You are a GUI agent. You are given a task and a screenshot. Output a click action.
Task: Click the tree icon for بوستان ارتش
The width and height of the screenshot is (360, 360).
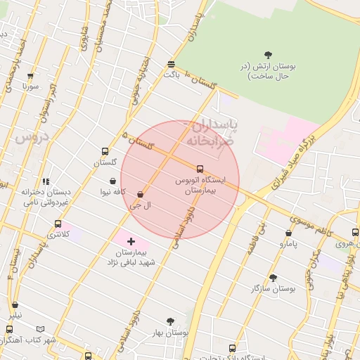click(268, 54)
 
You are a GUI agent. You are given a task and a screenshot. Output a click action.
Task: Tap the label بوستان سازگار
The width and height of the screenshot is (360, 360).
click(274, 288)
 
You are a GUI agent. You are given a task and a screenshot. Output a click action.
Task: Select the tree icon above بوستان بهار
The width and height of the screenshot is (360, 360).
click(169, 321)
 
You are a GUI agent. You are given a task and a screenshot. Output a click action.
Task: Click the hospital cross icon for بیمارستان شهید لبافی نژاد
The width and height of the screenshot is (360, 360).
click(131, 241)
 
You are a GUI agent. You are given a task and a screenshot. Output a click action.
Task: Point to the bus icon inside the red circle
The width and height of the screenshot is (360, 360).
click(200, 169)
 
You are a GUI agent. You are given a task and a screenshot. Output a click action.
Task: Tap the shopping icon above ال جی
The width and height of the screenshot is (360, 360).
click(141, 194)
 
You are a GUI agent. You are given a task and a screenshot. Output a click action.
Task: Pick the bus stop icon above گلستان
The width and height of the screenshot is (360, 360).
click(105, 151)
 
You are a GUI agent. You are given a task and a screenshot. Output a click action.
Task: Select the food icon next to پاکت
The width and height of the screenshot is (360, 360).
click(172, 64)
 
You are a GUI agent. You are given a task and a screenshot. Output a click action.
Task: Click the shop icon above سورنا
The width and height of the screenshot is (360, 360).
click(30, 76)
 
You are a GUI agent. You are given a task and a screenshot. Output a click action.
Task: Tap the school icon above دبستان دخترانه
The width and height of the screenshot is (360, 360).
click(46, 181)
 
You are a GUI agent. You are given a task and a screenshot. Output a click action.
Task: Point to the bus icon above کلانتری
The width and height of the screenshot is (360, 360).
click(58, 224)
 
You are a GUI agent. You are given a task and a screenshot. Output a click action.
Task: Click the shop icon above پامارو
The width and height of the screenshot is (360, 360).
click(288, 233)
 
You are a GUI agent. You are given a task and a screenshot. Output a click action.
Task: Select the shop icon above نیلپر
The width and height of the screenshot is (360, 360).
click(15, 305)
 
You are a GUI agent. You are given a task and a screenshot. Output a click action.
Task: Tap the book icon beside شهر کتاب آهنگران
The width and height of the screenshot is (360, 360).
click(40, 329)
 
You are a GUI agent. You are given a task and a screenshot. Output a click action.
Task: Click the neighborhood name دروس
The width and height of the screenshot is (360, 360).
click(30, 138)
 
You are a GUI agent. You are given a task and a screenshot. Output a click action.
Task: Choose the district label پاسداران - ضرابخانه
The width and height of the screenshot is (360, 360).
click(211, 133)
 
